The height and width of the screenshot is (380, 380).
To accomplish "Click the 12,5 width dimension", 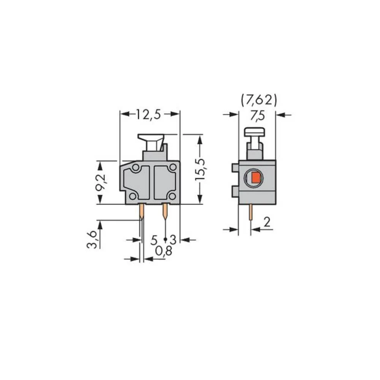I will tap(149, 114).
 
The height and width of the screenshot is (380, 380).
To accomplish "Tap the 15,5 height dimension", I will tap(200, 169).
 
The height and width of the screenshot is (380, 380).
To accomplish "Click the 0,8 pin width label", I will tap(164, 251).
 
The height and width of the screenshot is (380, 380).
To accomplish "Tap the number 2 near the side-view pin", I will tap(267, 223).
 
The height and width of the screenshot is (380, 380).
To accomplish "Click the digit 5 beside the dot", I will tap(154, 240).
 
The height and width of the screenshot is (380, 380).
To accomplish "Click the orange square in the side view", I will tap(256, 177).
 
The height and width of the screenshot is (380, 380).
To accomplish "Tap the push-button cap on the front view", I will tap(151, 138).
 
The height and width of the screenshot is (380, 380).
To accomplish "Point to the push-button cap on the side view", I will tap(255, 132).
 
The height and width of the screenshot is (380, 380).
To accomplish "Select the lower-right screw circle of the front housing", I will tap(172, 196).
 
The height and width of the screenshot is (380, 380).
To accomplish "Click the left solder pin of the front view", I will tap(141, 212).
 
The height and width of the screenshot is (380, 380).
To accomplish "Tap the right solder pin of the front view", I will tap(165, 212).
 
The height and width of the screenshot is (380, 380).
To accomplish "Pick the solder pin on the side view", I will tap(251, 212).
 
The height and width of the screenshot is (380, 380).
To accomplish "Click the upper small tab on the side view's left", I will tap(235, 168).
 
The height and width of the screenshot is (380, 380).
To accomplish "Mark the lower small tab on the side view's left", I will tap(235, 191).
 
